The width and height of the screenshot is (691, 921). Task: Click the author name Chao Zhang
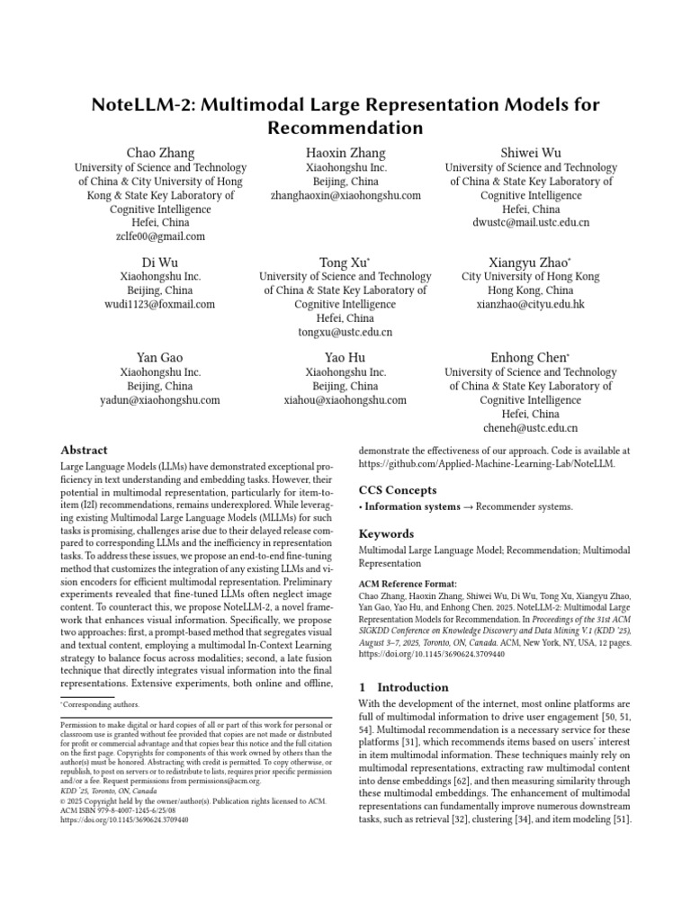pyautogui.click(x=160, y=153)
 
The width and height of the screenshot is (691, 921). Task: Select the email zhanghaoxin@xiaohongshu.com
pyautogui.click(x=345, y=195)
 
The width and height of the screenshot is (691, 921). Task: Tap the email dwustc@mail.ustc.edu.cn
pyautogui.click(x=530, y=222)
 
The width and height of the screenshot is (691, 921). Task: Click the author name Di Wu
pyautogui.click(x=160, y=262)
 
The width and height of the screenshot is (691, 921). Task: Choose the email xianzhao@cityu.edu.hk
pyautogui.click(x=530, y=305)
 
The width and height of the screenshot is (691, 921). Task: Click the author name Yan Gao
pyautogui.click(x=160, y=358)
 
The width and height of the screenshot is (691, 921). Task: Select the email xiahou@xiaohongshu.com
pyautogui.click(x=345, y=400)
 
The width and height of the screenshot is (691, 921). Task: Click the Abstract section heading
pyautogui.click(x=84, y=450)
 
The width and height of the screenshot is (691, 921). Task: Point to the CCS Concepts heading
pyautogui.click(x=398, y=490)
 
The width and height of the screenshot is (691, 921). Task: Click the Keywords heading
pyautogui.click(x=386, y=533)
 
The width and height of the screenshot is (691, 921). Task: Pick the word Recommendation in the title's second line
pyautogui.click(x=345, y=129)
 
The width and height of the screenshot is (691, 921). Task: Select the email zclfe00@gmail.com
pyautogui.click(x=160, y=237)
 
